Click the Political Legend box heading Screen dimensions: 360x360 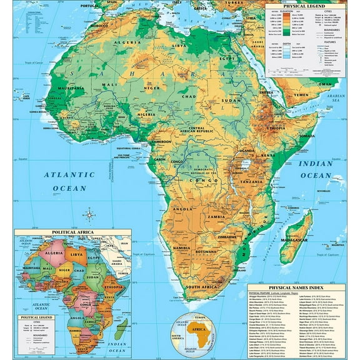(x=33, y=318)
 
